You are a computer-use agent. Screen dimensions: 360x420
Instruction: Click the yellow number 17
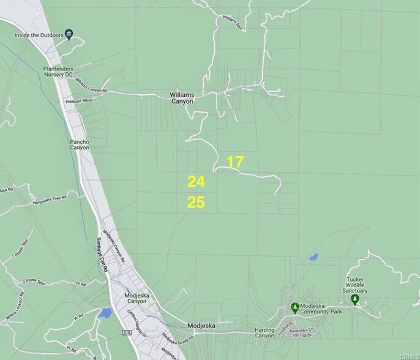[235, 162]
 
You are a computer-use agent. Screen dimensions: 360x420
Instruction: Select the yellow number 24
[196, 181]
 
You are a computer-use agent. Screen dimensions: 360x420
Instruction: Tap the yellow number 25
[196, 203]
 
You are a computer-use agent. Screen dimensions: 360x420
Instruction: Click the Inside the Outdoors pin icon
[69, 34]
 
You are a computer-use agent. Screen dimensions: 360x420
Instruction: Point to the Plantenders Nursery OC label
[67, 71]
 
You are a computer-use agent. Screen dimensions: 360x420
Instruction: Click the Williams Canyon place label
[182, 98]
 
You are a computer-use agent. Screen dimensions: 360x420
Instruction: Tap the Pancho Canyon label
[80, 144]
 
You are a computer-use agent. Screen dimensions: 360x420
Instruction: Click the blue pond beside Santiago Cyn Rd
[104, 313]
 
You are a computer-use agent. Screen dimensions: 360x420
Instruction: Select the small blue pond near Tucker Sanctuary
[313, 258]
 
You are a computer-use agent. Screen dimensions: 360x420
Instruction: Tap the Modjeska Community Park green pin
[294, 306]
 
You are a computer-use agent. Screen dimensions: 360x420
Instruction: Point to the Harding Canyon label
[264, 333]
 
